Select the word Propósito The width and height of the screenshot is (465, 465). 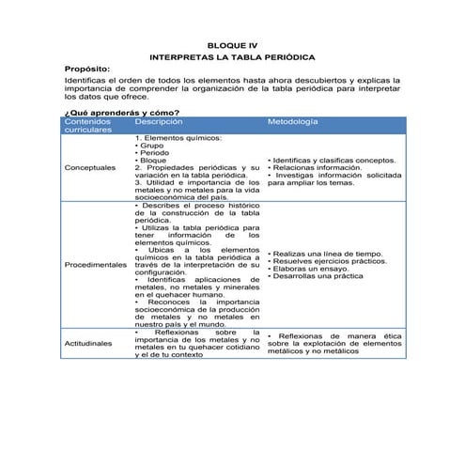pos(87,69)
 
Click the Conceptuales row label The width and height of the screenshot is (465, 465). pos(92,168)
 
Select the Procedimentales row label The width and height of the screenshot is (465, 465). pos(96,264)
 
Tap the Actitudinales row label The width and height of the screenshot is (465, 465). pos(90,343)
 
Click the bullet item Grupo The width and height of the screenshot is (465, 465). pos(151,146)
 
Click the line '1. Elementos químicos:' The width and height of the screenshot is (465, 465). pos(178,138)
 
